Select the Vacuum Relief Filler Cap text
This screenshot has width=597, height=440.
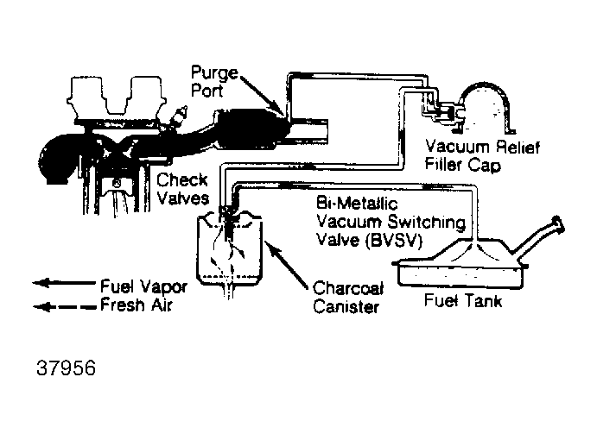pyautogui.click(x=489, y=157)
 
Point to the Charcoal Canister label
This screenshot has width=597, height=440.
pyautogui.click(x=344, y=297)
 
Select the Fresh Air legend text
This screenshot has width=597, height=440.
pyautogui.click(x=135, y=304)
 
